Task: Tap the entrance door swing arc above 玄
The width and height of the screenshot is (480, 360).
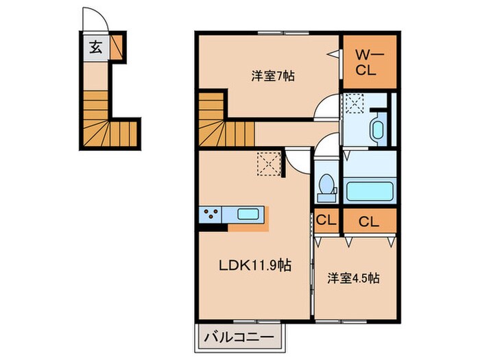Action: (91, 20)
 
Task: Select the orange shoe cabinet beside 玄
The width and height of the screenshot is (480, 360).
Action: (118, 47)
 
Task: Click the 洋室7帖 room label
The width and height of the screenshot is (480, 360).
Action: (273, 77)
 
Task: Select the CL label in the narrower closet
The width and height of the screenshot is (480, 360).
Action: (326, 221)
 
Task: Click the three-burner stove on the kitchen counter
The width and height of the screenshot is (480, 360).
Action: (211, 214)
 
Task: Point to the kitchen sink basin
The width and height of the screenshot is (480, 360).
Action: (248, 214)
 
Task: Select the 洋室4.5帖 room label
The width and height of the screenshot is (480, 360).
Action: (354, 278)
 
